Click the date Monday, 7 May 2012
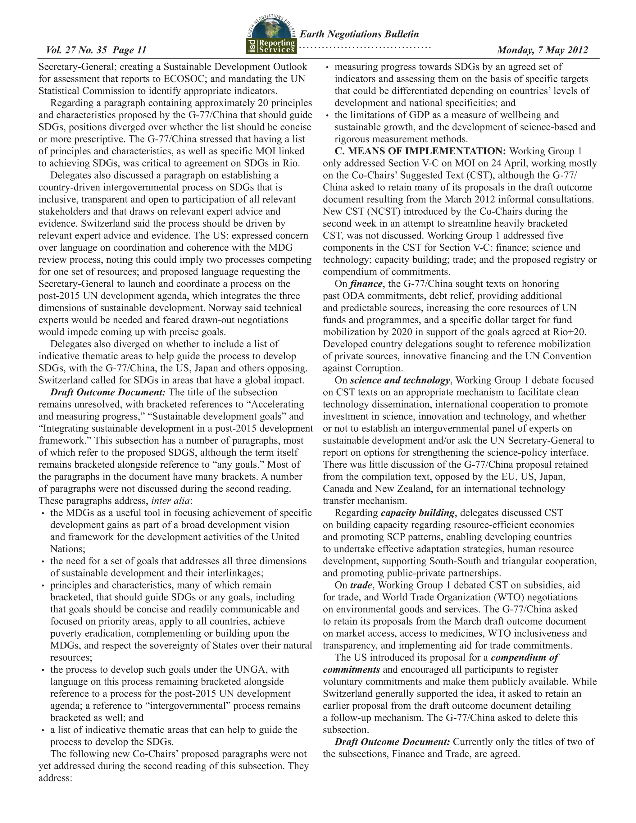(542, 50)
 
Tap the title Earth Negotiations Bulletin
(359, 34)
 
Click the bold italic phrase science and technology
(400, 380)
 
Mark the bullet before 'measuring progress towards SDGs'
(327, 67)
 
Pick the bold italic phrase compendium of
(525, 657)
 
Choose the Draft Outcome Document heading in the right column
(392, 742)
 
